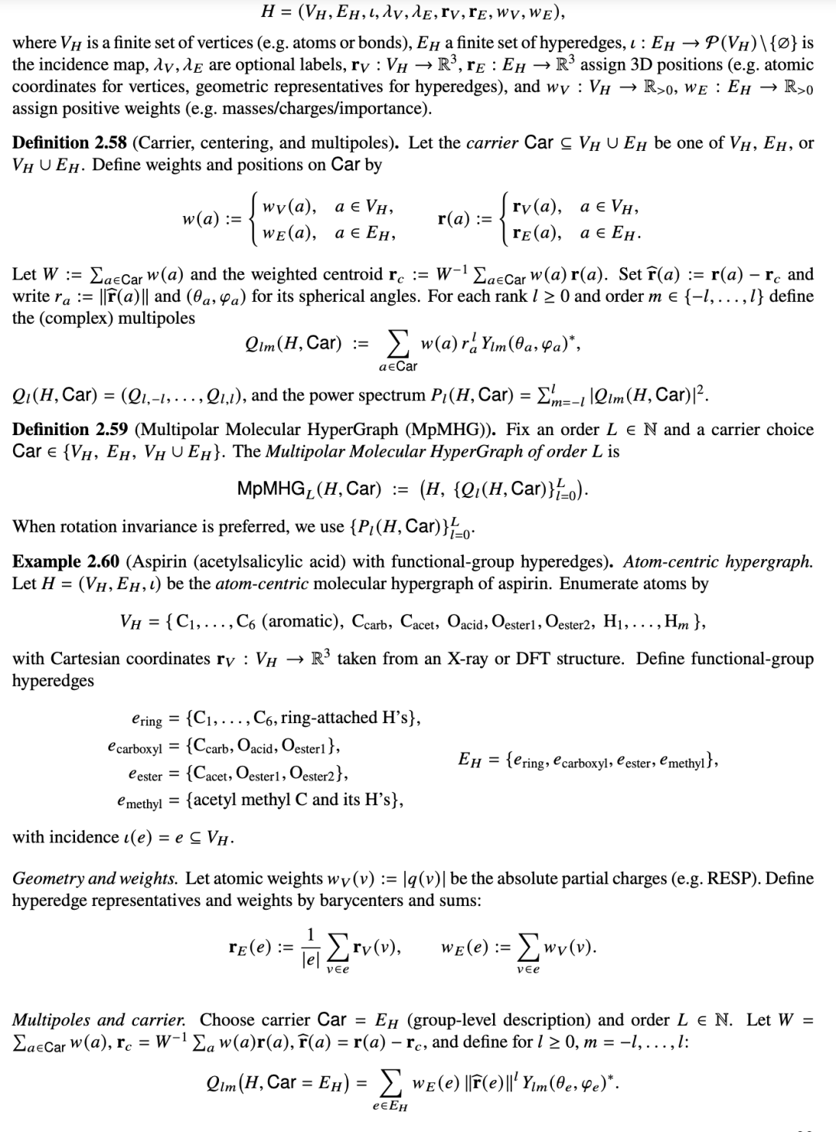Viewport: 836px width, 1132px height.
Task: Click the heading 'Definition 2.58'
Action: tap(70, 142)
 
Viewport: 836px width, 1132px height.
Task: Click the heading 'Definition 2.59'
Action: tap(70, 429)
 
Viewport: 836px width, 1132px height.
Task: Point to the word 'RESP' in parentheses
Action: tap(733, 878)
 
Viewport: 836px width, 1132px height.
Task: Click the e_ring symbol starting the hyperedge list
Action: tap(147, 720)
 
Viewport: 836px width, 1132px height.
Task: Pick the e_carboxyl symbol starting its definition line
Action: tap(135, 748)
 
